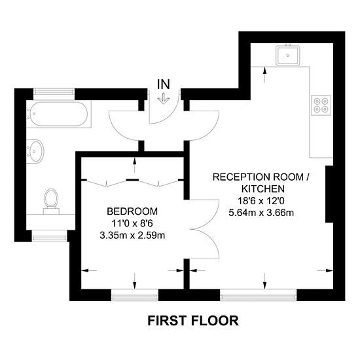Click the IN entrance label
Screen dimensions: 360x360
tap(164, 84)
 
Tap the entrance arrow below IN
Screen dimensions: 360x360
tap(164, 99)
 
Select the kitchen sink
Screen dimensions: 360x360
tap(288, 55)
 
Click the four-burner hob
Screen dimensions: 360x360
tap(321, 105)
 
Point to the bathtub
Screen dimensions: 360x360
tap(59, 114)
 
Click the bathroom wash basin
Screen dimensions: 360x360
tap(35, 151)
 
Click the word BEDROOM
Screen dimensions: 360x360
tap(132, 211)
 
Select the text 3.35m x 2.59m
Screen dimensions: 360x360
tap(132, 236)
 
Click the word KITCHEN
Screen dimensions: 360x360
tap(263, 189)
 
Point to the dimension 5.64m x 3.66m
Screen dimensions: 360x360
tap(261, 213)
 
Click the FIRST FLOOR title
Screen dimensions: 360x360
tap(193, 321)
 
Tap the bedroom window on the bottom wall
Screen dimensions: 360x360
tap(135, 295)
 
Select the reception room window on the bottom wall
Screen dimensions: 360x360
tap(259, 295)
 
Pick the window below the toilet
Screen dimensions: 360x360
tap(49, 236)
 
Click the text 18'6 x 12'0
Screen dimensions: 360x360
tap(261, 201)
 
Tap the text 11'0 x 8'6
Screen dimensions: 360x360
tap(132, 223)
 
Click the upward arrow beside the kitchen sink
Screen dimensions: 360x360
tap(265, 75)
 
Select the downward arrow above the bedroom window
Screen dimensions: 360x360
tap(135, 281)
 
